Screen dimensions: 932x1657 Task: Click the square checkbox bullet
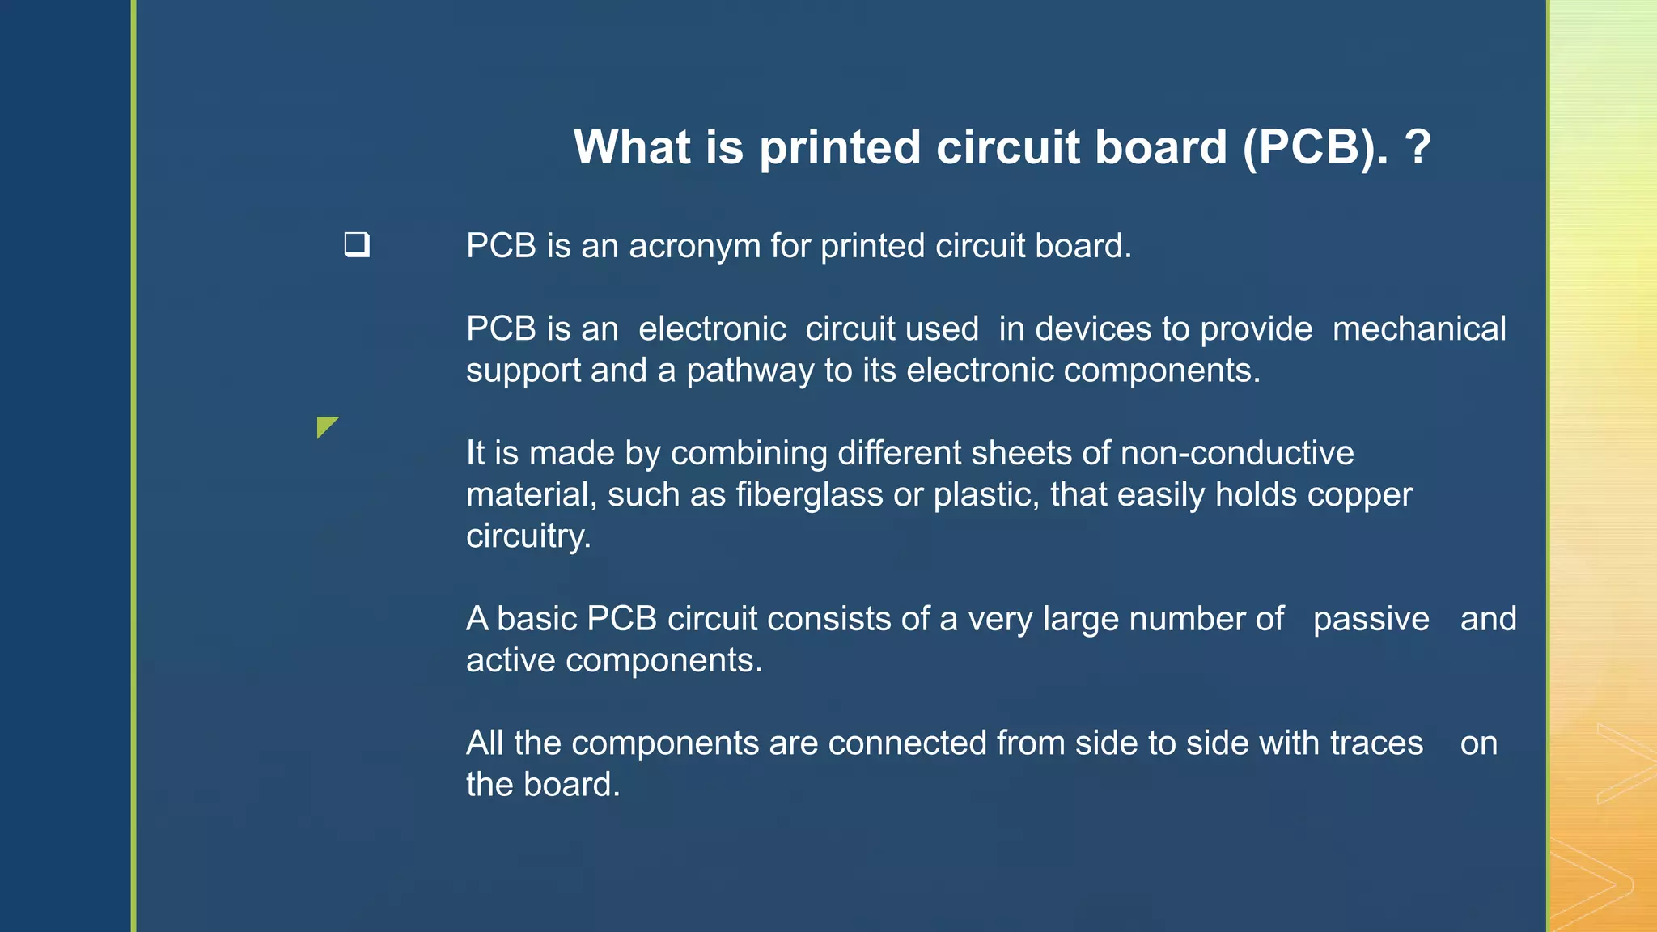tap(357, 244)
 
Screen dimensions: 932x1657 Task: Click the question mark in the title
tap(1418, 147)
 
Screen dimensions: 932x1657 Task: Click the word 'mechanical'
tap(1419, 329)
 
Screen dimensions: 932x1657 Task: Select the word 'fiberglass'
tap(809, 494)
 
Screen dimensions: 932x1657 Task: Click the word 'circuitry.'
tap(528, 536)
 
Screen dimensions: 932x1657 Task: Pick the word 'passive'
tap(1371, 619)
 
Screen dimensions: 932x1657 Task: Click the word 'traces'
tap(1376, 743)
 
